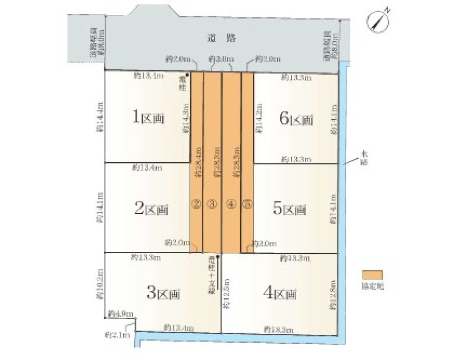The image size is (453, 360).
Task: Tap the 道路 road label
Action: point(220,38)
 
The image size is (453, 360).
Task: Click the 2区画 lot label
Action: point(151,209)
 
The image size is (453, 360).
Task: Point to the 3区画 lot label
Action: point(163,293)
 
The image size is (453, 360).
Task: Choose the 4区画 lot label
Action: point(280,293)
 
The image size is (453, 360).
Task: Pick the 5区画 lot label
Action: point(289,209)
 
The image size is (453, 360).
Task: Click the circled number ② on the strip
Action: point(196,204)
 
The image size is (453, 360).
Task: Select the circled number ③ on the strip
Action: point(212,204)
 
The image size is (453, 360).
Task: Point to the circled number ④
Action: point(231,204)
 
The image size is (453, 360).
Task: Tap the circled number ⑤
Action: point(247,204)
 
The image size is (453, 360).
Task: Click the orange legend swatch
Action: point(372,275)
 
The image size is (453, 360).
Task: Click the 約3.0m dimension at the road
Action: point(221,59)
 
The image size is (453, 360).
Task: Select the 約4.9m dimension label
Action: point(120,314)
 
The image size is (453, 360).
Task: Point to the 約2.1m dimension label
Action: point(117,335)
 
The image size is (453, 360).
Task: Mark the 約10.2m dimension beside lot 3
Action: point(100,284)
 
